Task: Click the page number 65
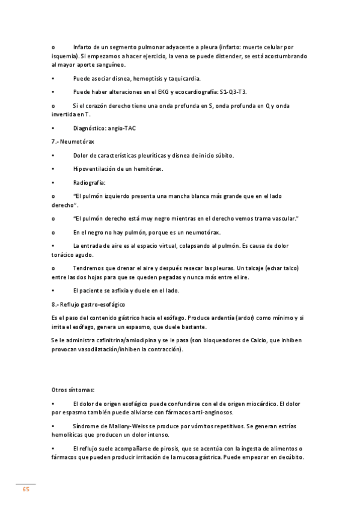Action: [26, 489]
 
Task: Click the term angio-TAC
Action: [121, 127]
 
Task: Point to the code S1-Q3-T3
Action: [231, 91]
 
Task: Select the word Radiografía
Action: [90, 182]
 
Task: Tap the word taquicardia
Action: [184, 78]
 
